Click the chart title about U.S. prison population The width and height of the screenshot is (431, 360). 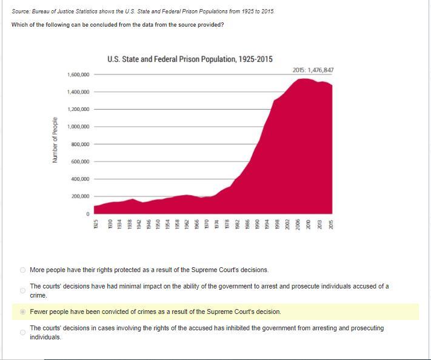[x=190, y=59]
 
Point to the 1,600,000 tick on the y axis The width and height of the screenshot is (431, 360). [x=78, y=75]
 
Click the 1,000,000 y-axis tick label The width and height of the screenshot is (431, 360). [x=78, y=127]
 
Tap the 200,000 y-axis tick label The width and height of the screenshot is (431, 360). [x=79, y=196]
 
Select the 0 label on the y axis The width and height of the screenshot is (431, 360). [x=87, y=214]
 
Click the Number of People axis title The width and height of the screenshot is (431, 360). [x=55, y=140]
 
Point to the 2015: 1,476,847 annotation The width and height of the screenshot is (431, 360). [x=313, y=70]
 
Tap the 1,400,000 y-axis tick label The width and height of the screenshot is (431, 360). [x=78, y=92]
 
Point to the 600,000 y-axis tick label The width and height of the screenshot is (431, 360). [x=79, y=162]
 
